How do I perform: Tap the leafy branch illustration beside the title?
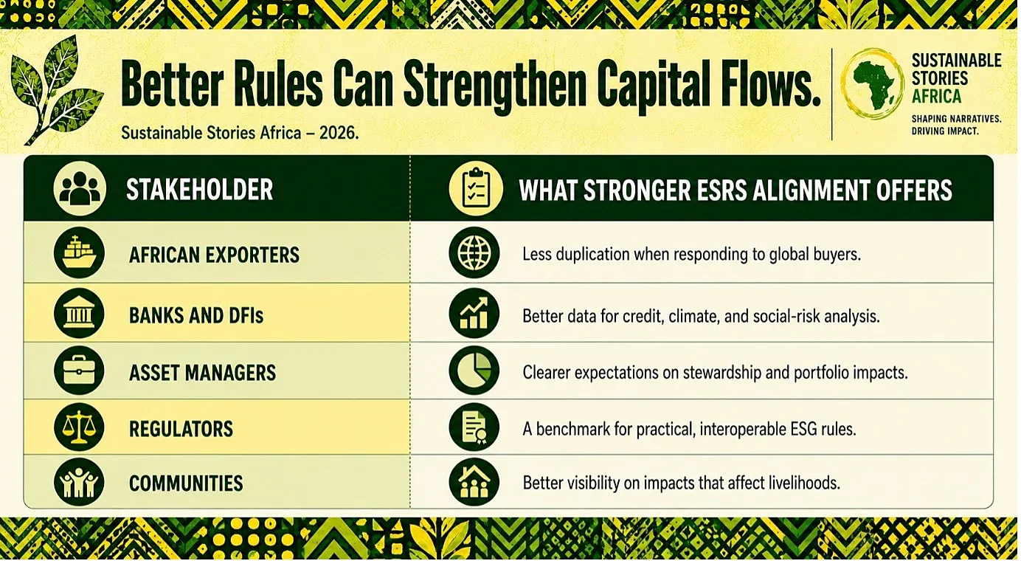click(x=57, y=89)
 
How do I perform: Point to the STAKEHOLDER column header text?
click(x=200, y=189)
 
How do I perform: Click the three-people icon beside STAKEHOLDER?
click(x=80, y=188)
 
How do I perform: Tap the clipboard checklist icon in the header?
click(x=476, y=188)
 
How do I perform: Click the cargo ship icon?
click(x=79, y=252)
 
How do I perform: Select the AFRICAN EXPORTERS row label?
click(x=214, y=255)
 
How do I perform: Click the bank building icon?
click(x=79, y=313)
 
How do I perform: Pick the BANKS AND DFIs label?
click(x=196, y=316)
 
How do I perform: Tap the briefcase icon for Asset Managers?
click(x=79, y=371)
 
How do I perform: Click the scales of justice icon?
click(x=79, y=427)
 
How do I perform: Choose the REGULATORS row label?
click(x=181, y=429)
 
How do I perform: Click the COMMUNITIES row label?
click(x=186, y=483)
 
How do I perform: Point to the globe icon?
click(x=474, y=252)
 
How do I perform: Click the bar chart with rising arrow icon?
click(x=474, y=313)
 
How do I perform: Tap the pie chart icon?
click(x=474, y=371)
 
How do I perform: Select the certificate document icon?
click(x=474, y=427)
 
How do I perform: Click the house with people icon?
click(x=474, y=482)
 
